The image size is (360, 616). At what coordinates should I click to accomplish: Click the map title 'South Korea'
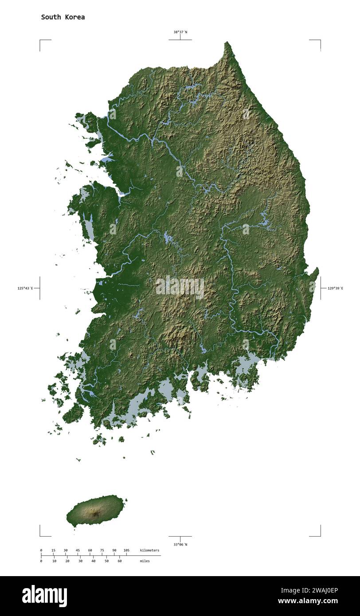click(x=63, y=17)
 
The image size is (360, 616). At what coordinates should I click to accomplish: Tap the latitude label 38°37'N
click(x=180, y=32)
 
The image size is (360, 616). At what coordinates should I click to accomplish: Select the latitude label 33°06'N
click(x=180, y=544)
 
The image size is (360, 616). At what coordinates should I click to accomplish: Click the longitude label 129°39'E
click(x=335, y=288)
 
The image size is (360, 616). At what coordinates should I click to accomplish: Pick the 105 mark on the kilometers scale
click(x=126, y=550)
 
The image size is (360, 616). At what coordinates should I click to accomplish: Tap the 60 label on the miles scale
click(x=119, y=561)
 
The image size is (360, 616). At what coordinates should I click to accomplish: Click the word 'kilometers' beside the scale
click(x=149, y=550)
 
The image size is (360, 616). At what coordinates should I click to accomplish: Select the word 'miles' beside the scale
click(x=145, y=561)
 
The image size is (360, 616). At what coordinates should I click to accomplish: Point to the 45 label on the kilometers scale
click(x=78, y=550)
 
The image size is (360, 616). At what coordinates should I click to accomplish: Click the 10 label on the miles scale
click(x=54, y=561)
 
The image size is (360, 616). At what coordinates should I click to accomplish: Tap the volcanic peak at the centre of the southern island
click(x=95, y=514)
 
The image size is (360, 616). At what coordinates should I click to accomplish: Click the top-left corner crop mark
click(x=40, y=40)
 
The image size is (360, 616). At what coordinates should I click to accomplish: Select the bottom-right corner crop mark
click(x=320, y=535)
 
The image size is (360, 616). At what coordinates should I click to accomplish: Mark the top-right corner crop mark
click(x=320, y=40)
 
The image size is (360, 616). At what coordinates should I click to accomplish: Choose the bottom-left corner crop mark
click(x=40, y=535)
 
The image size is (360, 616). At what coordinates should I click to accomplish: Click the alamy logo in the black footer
click(x=45, y=596)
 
